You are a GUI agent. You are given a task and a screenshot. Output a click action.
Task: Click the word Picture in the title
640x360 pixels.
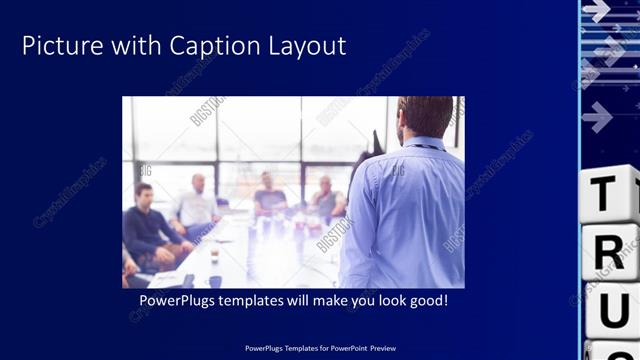pyautogui.click(x=59, y=46)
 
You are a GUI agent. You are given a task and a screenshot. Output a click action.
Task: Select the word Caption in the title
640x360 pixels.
pyautogui.click(x=210, y=46)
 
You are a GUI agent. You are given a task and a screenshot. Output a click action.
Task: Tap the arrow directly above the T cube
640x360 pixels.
pyautogui.click(x=597, y=117)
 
